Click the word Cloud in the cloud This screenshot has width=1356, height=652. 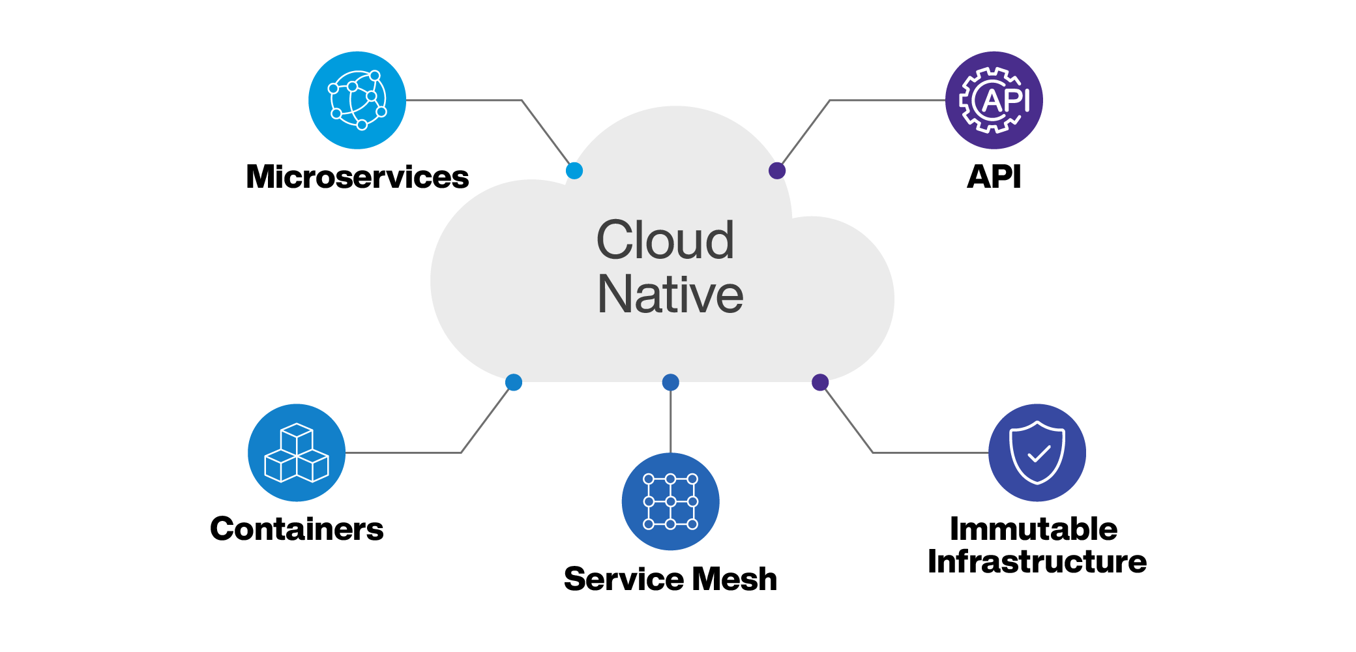[x=665, y=240]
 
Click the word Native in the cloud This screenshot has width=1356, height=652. [x=670, y=295]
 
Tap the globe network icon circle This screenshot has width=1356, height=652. [x=357, y=100]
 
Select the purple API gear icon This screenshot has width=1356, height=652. [x=994, y=100]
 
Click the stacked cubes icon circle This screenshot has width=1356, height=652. [x=297, y=452]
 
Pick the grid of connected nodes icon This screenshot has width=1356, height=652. [x=670, y=501]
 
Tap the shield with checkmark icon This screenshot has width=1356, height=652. [x=1037, y=452]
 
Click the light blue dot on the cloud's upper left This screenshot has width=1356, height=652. [x=574, y=171]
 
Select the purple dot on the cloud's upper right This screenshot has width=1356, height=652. [x=777, y=171]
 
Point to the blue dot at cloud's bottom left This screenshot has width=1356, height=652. [x=514, y=382]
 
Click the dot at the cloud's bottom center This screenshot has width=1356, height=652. [x=670, y=382]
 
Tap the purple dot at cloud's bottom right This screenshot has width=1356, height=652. [x=820, y=382]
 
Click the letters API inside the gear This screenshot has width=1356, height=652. [x=1005, y=100]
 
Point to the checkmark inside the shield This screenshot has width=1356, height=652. [x=1039, y=453]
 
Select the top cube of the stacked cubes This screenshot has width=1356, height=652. [x=297, y=437]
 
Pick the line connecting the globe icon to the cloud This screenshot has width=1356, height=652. [x=463, y=100]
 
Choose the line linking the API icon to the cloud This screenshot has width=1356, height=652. [x=887, y=100]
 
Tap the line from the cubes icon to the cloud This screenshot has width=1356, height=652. [x=404, y=452]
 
